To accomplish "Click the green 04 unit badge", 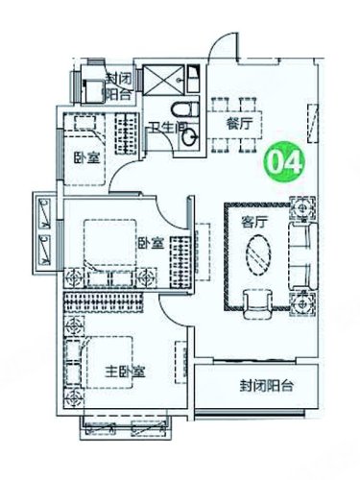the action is (283, 162).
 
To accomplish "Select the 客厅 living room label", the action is (254, 222).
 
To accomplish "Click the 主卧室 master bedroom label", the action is (126, 372).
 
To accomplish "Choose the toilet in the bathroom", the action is (185, 109).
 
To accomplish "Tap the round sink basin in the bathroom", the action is (190, 137).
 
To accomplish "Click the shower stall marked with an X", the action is (163, 80).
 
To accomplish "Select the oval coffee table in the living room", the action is (258, 255).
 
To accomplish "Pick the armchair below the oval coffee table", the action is (258, 304).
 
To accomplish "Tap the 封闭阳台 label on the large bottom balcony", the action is (267, 386).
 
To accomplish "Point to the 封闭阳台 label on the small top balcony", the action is (118, 86).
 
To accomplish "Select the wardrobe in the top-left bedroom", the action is (127, 133).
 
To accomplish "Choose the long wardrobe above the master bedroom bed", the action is (103, 302).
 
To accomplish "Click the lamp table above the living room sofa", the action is (302, 209).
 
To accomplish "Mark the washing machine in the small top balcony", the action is (93, 91).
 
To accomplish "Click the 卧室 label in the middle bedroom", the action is (151, 244).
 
